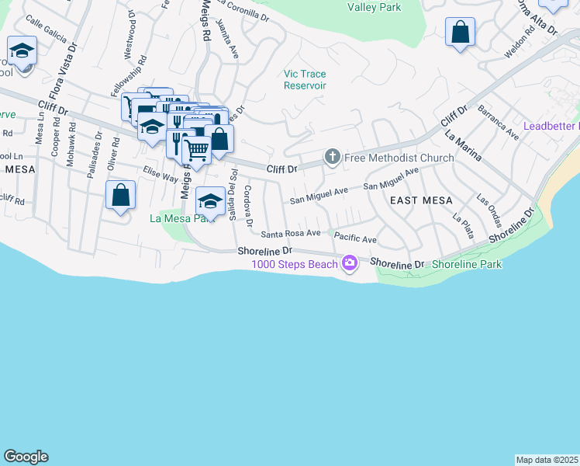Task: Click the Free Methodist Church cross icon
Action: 333,158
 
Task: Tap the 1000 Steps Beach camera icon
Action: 350,264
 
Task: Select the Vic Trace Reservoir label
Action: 305,79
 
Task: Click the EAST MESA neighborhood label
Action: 416,200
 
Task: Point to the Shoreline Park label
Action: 467,264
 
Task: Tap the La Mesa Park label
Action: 181,218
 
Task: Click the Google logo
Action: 26,457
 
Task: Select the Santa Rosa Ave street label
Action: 291,233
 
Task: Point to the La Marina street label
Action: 463,145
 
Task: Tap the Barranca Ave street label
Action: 499,122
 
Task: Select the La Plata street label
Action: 461,226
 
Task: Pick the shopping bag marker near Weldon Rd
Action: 461,33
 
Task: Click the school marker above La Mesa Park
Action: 209,201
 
